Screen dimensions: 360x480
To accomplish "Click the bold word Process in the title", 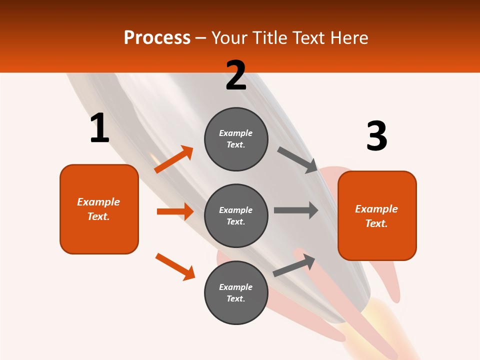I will coord(157,38).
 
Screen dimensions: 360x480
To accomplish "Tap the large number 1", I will coord(99,128).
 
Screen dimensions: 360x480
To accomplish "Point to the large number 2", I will coord(235,75).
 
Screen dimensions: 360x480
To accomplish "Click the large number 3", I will coord(376,136).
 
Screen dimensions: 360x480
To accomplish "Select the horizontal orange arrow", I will coord(175,211).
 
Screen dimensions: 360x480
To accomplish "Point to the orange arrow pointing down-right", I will coord(175,266).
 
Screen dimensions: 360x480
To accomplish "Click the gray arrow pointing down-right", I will coord(297,160).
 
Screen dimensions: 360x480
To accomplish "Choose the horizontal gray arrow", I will coord(296,210).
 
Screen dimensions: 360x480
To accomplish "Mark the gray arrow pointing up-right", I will coord(294,265).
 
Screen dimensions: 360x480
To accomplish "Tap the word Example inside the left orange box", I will coord(98,202).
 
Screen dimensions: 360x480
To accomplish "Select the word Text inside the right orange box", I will coord(376,223).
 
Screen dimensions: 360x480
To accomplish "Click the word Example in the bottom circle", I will coord(235,287).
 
